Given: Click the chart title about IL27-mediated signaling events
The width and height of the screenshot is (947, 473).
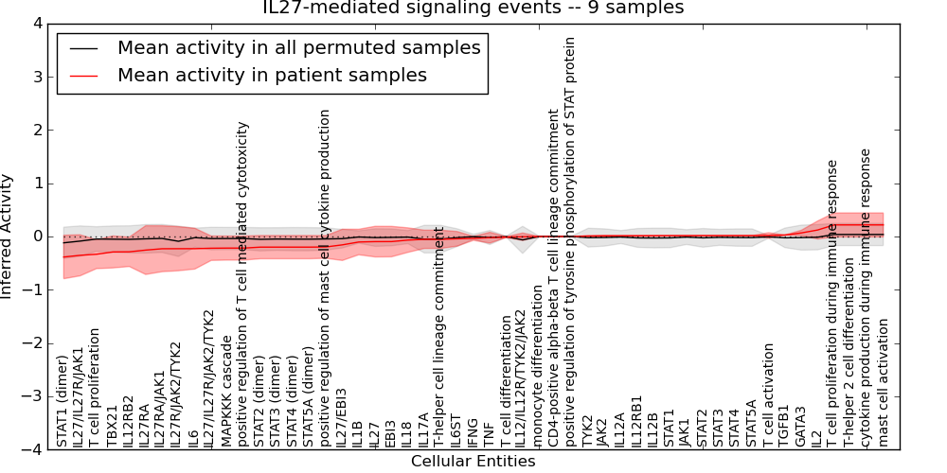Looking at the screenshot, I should tap(473, 9).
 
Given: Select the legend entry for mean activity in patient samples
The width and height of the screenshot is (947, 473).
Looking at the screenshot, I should tap(272, 75).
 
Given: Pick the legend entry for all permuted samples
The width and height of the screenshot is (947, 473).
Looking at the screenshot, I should tap(298, 47).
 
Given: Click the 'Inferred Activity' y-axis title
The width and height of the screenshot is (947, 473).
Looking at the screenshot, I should tap(8, 236).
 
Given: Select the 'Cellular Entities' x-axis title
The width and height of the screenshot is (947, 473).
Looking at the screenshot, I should tap(473, 462).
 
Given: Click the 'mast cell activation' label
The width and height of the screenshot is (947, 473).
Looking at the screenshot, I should tap(884, 382).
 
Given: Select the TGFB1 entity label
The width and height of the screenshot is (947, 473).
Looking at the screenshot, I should tap(783, 425).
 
